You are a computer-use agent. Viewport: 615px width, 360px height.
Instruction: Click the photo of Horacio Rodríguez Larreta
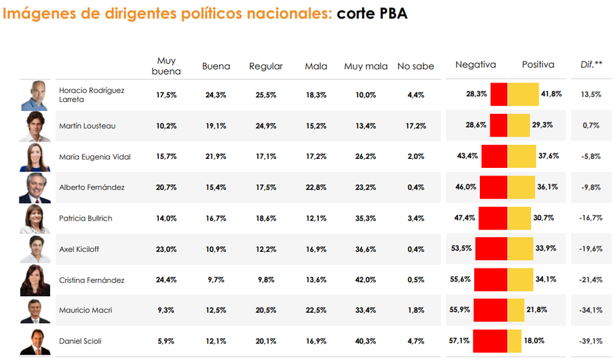(35, 96)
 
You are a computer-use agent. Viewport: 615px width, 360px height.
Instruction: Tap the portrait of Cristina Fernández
(35, 280)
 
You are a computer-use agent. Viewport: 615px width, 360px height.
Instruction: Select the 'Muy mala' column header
(365, 67)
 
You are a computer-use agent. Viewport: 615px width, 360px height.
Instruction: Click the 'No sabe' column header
(415, 67)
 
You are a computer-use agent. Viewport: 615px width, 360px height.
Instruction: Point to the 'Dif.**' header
(591, 65)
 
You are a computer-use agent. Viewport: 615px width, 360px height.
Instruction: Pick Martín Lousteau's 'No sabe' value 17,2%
(415, 126)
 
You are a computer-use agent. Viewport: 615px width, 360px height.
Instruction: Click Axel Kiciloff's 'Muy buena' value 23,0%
(166, 249)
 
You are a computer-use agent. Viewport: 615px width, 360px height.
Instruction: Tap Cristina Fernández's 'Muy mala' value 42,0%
(365, 280)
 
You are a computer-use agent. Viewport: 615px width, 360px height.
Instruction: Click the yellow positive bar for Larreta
(523, 94)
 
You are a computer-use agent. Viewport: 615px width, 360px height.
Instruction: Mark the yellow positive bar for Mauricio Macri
(516, 310)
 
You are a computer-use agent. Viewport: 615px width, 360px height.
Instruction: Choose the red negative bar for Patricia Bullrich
(493, 218)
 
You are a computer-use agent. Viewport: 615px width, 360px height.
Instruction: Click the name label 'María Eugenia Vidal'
(94, 157)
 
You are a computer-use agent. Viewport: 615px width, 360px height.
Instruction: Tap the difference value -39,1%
(591, 341)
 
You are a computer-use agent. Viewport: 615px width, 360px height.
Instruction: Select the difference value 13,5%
(591, 94)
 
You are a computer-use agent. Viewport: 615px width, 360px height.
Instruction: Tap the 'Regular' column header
(266, 67)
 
